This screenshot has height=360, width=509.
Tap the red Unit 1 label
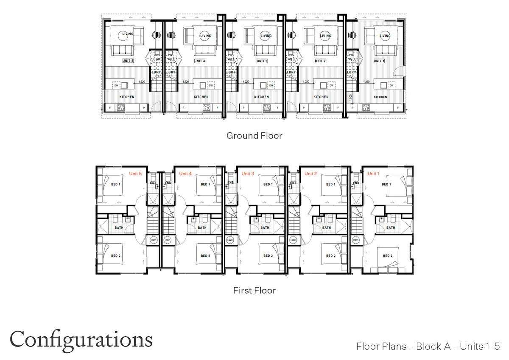click(x=373, y=173)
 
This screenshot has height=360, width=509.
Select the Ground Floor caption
click(x=254, y=136)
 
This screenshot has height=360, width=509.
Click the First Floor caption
click(x=255, y=291)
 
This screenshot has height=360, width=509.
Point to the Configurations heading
click(x=81, y=340)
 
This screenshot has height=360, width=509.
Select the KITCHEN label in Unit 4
click(x=201, y=97)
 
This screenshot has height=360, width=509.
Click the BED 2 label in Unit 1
click(x=387, y=256)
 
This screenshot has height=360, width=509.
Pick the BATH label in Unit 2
click(x=326, y=228)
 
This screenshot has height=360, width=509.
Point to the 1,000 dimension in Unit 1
click(x=350, y=97)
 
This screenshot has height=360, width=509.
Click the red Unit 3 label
click(x=248, y=173)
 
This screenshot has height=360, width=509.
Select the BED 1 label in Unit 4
click(x=205, y=184)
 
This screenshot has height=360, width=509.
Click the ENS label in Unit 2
click(x=293, y=183)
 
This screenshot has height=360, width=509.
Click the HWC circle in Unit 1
click(x=355, y=240)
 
